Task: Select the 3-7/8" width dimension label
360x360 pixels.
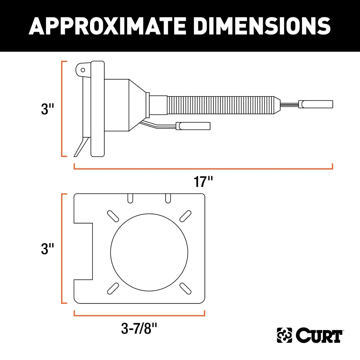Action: pos(140,328)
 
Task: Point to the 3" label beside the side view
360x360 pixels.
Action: pos(48,109)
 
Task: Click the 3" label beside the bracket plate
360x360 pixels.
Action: pos(48,249)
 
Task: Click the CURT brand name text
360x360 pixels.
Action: pos(319,336)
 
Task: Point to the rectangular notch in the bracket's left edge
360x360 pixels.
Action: pos(84,251)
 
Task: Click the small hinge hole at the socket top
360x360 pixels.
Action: pos(83,69)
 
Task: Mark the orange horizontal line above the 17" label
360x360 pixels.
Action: pos(203,168)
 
